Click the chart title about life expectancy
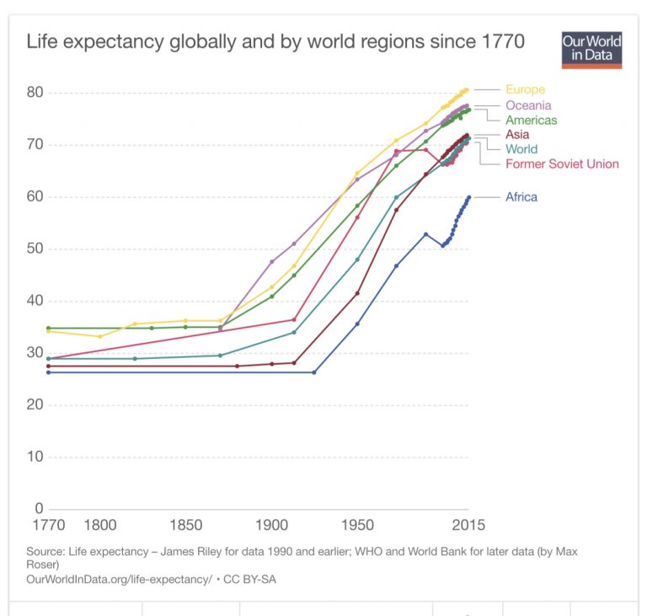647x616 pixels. coord(275,40)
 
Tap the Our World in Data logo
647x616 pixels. coord(591,50)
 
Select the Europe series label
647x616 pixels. coord(525,89)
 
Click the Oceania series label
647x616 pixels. coord(528,105)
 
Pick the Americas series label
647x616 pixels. coord(531,121)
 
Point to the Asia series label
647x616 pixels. coord(517,135)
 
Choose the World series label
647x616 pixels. coord(521,149)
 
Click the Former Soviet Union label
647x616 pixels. coord(562,164)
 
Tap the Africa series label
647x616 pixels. coord(521,197)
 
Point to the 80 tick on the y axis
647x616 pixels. coord(35,93)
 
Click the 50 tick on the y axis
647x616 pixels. coord(35,249)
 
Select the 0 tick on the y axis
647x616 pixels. coord(38,509)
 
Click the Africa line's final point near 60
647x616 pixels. coord(468,197)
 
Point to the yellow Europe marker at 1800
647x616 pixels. coord(100,336)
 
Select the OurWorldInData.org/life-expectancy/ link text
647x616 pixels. coord(119,580)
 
